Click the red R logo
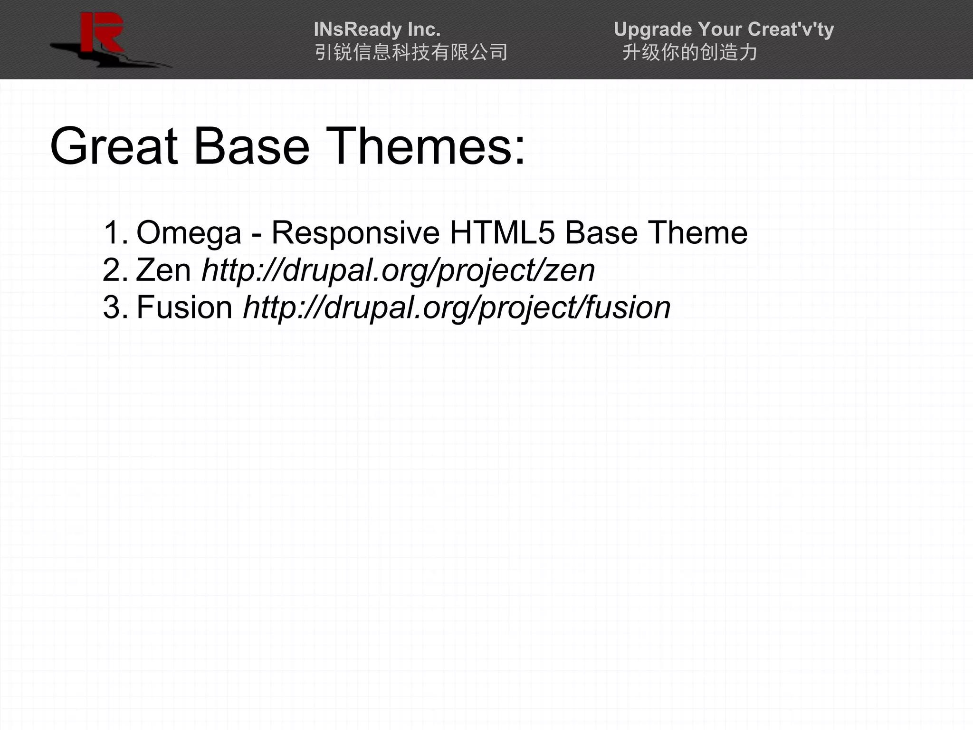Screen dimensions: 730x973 pos(102,33)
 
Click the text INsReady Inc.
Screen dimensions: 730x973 pos(377,29)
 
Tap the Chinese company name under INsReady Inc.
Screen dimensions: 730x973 pos(411,52)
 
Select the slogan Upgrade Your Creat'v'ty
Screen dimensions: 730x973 pos(724,29)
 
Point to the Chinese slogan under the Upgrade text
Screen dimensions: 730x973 pos(689,52)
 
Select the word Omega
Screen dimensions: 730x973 pos(189,233)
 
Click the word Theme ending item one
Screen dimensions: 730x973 pos(698,233)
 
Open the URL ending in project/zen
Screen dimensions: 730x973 pos(398,271)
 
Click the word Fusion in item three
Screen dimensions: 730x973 pos(184,307)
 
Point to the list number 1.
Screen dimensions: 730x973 pos(114,233)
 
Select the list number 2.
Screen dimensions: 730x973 pos(114,270)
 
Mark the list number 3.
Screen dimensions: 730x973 pos(114,307)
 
